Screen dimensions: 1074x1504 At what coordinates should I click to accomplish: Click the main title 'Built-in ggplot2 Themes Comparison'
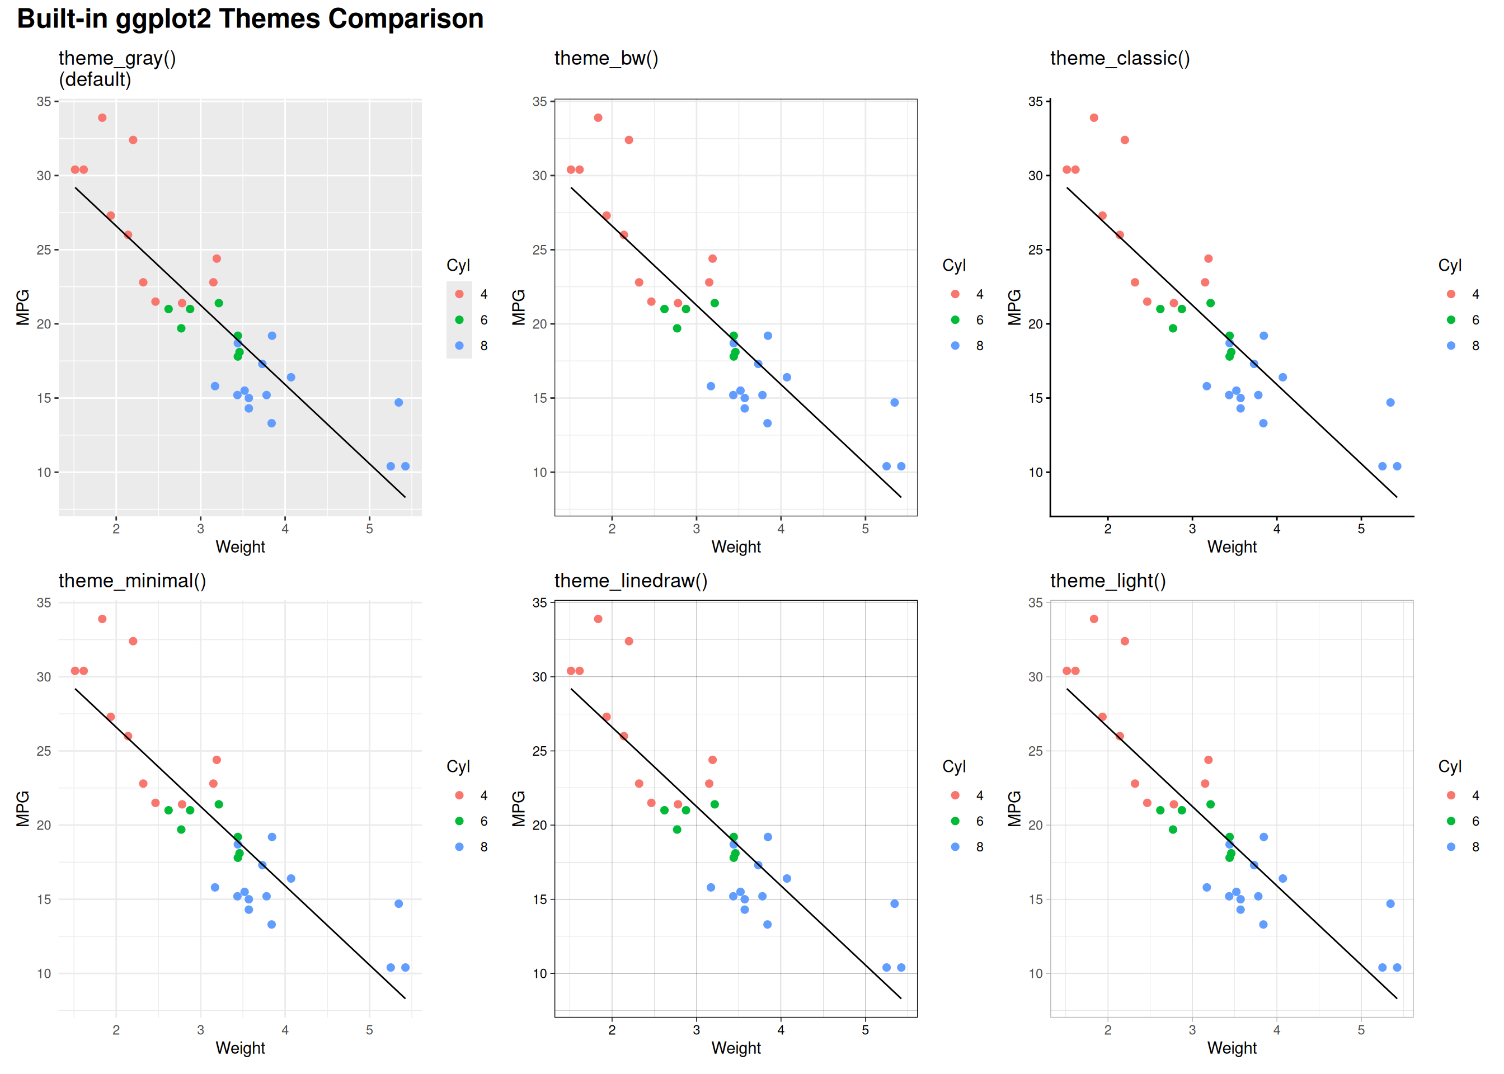point(250,18)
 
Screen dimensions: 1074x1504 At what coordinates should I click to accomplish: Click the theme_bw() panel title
point(606,58)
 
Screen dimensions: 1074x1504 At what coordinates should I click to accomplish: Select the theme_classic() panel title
point(1119,58)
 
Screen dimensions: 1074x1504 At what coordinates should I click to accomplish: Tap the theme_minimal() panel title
point(132,581)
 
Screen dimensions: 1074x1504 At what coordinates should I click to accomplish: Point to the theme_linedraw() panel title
point(631,581)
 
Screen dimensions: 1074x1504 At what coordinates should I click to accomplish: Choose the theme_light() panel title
point(1107,581)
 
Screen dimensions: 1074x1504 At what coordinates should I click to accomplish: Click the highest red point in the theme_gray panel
point(102,117)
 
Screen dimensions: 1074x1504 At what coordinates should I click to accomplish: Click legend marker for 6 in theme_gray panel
point(459,320)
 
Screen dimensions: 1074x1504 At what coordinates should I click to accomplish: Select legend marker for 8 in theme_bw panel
point(955,346)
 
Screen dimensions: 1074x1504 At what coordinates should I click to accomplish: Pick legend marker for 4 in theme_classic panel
point(1451,294)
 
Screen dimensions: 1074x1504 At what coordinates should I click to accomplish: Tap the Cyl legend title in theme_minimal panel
point(458,766)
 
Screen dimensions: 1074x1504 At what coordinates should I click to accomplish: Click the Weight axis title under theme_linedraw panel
point(735,1048)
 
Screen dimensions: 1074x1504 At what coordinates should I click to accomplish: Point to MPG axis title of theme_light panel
point(1014,809)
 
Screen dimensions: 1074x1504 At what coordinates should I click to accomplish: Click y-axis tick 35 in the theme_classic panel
point(1035,102)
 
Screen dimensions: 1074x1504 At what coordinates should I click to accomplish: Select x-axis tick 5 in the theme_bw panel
point(865,529)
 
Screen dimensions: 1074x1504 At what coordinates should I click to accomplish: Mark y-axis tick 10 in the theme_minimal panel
point(44,973)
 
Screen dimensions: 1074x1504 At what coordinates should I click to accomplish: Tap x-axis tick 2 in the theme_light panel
point(1108,1030)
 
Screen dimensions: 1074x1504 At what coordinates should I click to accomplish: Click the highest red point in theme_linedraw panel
point(598,619)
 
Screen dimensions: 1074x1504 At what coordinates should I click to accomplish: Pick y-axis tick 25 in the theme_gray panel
point(44,250)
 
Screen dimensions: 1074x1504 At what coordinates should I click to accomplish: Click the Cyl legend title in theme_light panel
point(1450,766)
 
